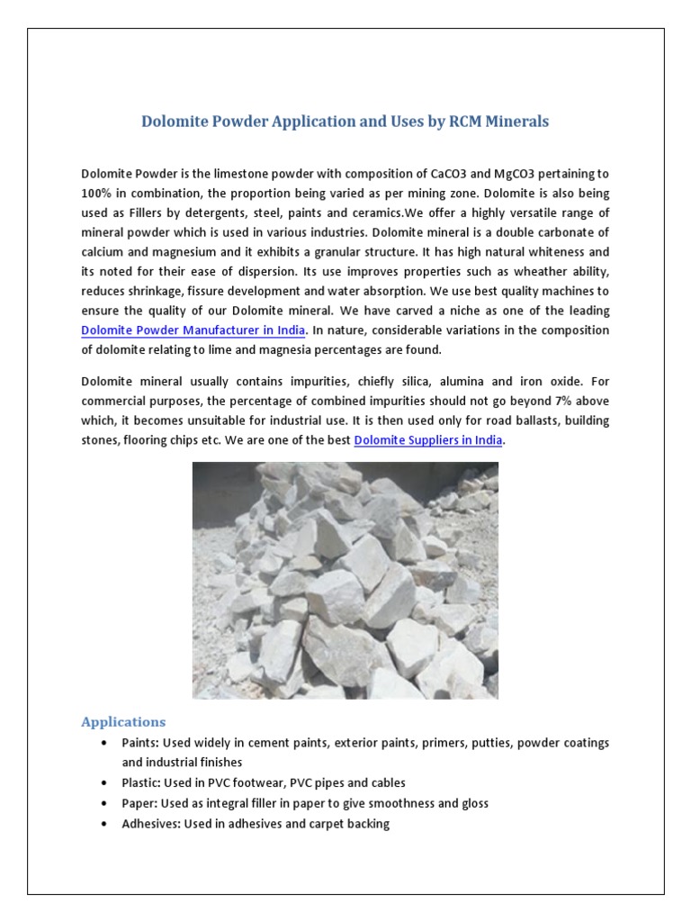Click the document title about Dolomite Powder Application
coord(345,122)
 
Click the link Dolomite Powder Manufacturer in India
coord(193,330)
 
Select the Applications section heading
coord(123,721)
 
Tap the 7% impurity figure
coord(563,401)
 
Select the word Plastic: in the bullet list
coord(143,782)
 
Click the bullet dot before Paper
coord(105,803)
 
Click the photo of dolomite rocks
coord(345,581)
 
